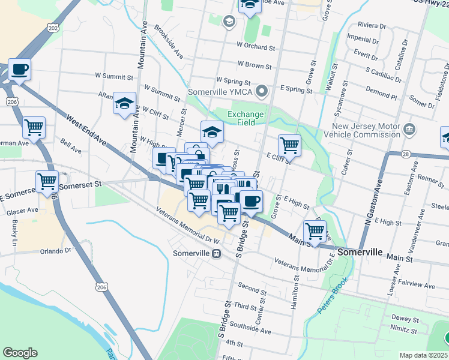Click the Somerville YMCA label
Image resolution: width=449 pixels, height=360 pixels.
(x=220, y=92)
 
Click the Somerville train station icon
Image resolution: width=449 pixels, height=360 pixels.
(x=215, y=253)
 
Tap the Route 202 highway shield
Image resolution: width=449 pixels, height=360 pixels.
(x=52, y=28)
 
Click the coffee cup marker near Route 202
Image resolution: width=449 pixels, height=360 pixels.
(x=19, y=69)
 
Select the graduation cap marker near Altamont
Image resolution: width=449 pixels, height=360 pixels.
(x=125, y=103)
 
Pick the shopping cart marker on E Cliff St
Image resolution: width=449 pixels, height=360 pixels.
(x=289, y=145)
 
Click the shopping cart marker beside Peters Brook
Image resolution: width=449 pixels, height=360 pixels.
(x=315, y=231)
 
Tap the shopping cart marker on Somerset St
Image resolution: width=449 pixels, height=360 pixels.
(x=47, y=181)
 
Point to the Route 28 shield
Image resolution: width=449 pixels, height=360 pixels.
(x=406, y=154)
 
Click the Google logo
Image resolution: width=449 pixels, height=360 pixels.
(x=20, y=353)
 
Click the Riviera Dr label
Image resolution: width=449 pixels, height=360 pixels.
(x=372, y=26)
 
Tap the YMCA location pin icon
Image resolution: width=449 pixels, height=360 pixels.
(x=261, y=92)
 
